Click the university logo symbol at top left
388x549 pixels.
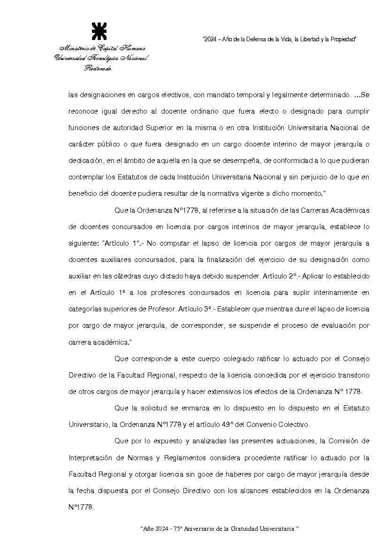99,31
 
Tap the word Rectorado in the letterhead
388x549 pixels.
98,68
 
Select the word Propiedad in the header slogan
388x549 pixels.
342,39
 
